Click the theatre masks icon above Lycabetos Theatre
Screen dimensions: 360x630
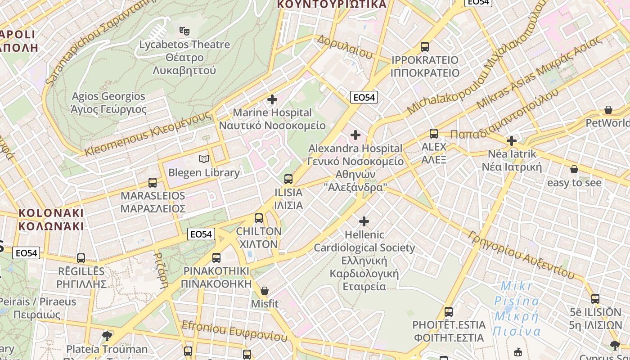point(184,31)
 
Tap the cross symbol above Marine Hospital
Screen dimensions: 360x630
point(272,99)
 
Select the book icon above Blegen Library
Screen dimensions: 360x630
point(204,159)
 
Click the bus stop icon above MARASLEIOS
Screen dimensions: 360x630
point(153,183)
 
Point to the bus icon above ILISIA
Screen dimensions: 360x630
point(288,179)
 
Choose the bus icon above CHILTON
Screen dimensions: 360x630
point(259,218)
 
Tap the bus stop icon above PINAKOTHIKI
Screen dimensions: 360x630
point(216,258)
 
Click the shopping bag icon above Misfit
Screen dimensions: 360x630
point(265,291)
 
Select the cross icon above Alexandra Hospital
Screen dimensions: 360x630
point(355,135)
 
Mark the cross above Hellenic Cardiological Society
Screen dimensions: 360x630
point(364,221)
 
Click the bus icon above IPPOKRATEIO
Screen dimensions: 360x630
point(424,47)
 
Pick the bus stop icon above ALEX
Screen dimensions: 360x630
point(434,134)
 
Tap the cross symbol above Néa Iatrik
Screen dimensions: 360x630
point(511,141)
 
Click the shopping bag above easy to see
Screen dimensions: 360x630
point(574,169)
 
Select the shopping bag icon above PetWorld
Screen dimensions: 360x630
point(608,110)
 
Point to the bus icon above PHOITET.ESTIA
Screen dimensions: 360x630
point(449,311)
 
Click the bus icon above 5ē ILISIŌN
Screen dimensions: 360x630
point(595,299)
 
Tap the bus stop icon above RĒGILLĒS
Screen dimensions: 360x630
point(81,258)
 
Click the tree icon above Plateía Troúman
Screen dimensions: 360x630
point(107,336)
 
